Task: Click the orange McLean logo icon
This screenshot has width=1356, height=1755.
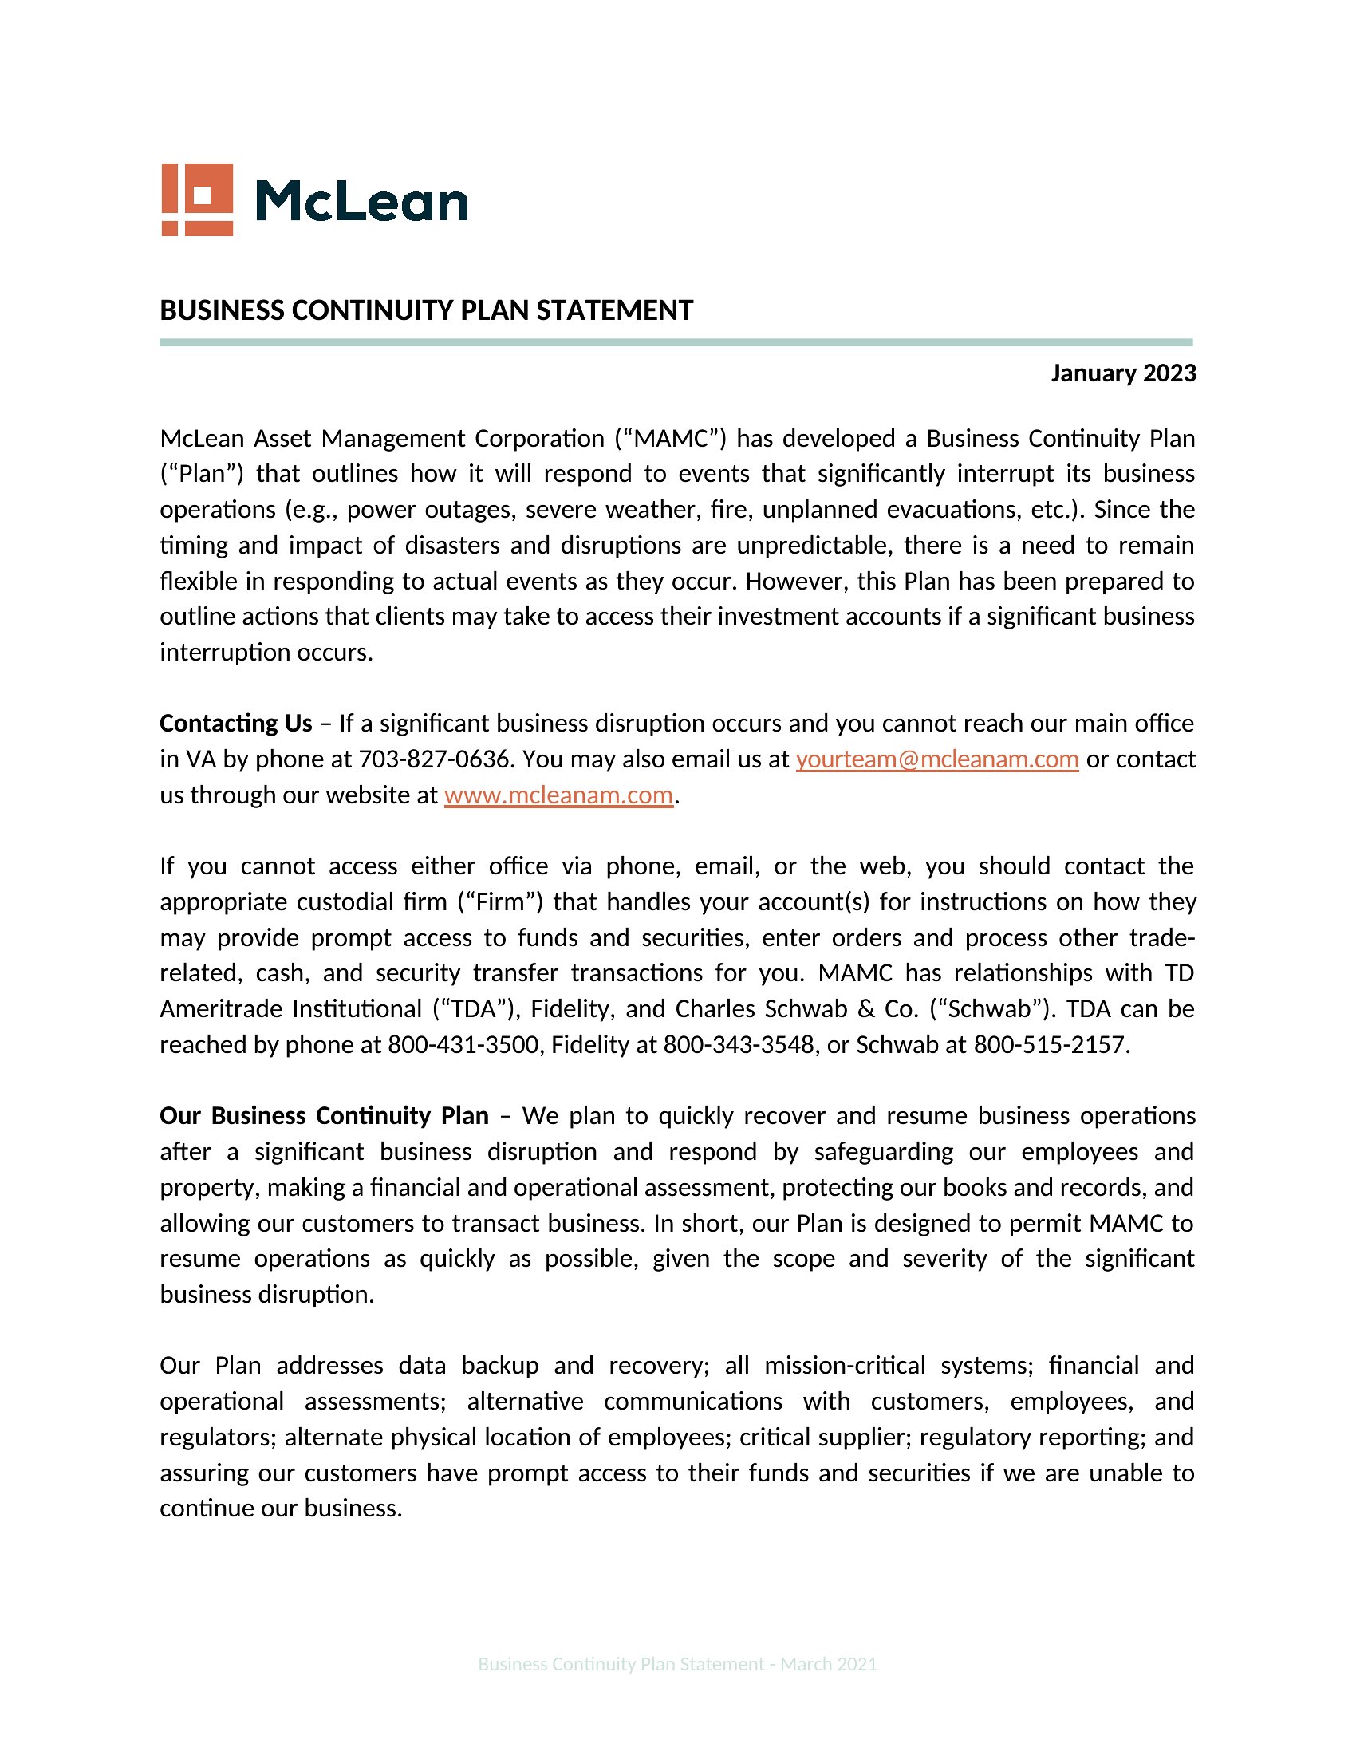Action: (197, 199)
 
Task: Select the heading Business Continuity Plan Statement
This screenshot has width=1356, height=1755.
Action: (426, 310)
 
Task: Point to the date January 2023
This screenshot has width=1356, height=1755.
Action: (1123, 373)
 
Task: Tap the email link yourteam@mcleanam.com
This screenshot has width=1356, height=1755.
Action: (936, 759)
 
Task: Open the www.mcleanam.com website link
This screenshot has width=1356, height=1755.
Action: (558, 795)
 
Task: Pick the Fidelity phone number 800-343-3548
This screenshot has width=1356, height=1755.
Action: (739, 1044)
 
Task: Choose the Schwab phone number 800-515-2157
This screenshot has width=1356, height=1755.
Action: (1051, 1044)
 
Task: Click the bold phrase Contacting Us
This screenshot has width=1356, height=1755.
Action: (235, 724)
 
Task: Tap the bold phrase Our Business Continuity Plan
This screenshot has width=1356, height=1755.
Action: (324, 1115)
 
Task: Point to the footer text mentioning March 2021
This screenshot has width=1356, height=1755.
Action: (677, 1663)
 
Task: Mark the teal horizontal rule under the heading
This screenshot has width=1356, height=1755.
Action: (676, 342)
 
